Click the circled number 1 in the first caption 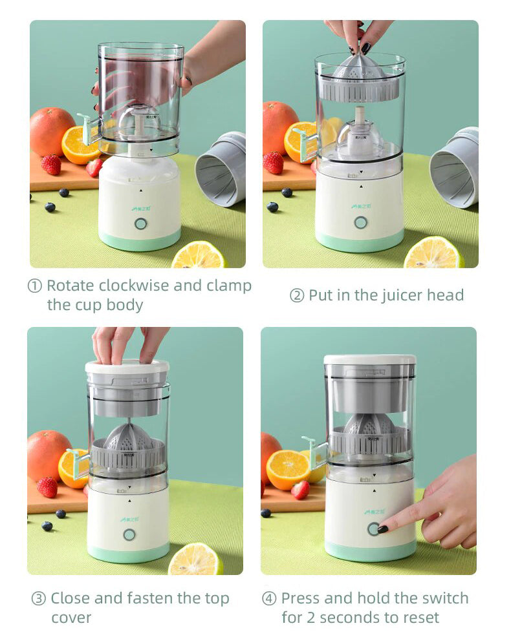pyautogui.click(x=35, y=286)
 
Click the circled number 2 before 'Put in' pyautogui.click(x=297, y=296)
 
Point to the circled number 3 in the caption pyautogui.click(x=39, y=599)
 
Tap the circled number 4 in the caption pyautogui.click(x=269, y=598)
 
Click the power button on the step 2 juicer pyautogui.click(x=360, y=222)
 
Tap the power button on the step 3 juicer pyautogui.click(x=129, y=534)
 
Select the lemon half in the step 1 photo pyautogui.click(x=198, y=257)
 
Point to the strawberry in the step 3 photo pyautogui.click(x=47, y=487)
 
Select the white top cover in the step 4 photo pyautogui.click(x=370, y=359)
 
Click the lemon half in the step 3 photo pyautogui.click(x=195, y=560)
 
